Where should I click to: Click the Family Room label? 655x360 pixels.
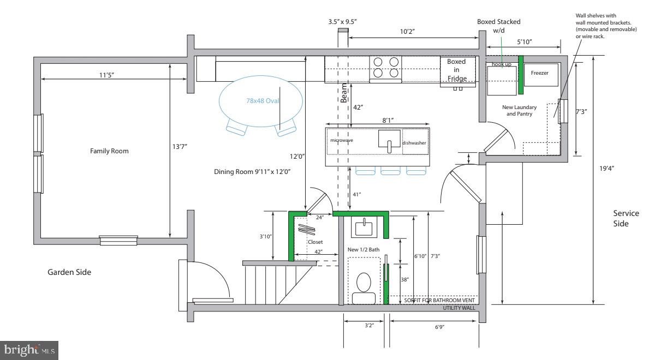click(109, 151)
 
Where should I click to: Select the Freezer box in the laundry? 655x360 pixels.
click(540, 73)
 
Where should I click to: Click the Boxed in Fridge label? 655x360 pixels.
click(456, 70)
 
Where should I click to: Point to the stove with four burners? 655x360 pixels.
click(386, 68)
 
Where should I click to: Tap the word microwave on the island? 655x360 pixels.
click(342, 140)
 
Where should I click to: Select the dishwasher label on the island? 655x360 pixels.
click(414, 143)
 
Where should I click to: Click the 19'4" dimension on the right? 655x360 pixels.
click(608, 168)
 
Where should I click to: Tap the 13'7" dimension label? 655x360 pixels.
click(180, 146)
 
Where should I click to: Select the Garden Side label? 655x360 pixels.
click(69, 272)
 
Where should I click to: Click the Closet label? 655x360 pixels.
click(315, 242)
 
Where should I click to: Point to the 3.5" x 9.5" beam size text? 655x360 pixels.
click(346, 22)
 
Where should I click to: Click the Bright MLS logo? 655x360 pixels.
click(29, 350)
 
